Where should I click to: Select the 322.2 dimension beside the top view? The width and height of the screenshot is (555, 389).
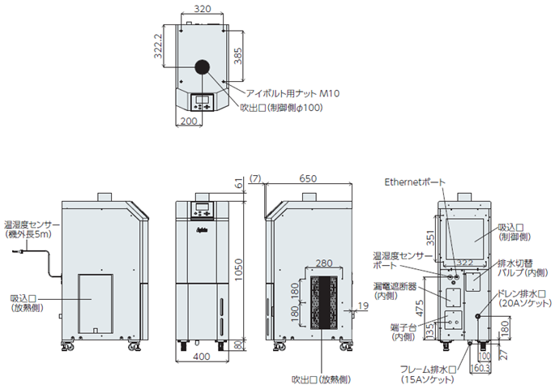point(160,48)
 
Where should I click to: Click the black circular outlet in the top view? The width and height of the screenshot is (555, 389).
point(202,67)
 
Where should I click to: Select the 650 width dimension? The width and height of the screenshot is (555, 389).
point(308,178)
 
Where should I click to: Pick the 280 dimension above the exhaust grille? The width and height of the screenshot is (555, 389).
point(324,263)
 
